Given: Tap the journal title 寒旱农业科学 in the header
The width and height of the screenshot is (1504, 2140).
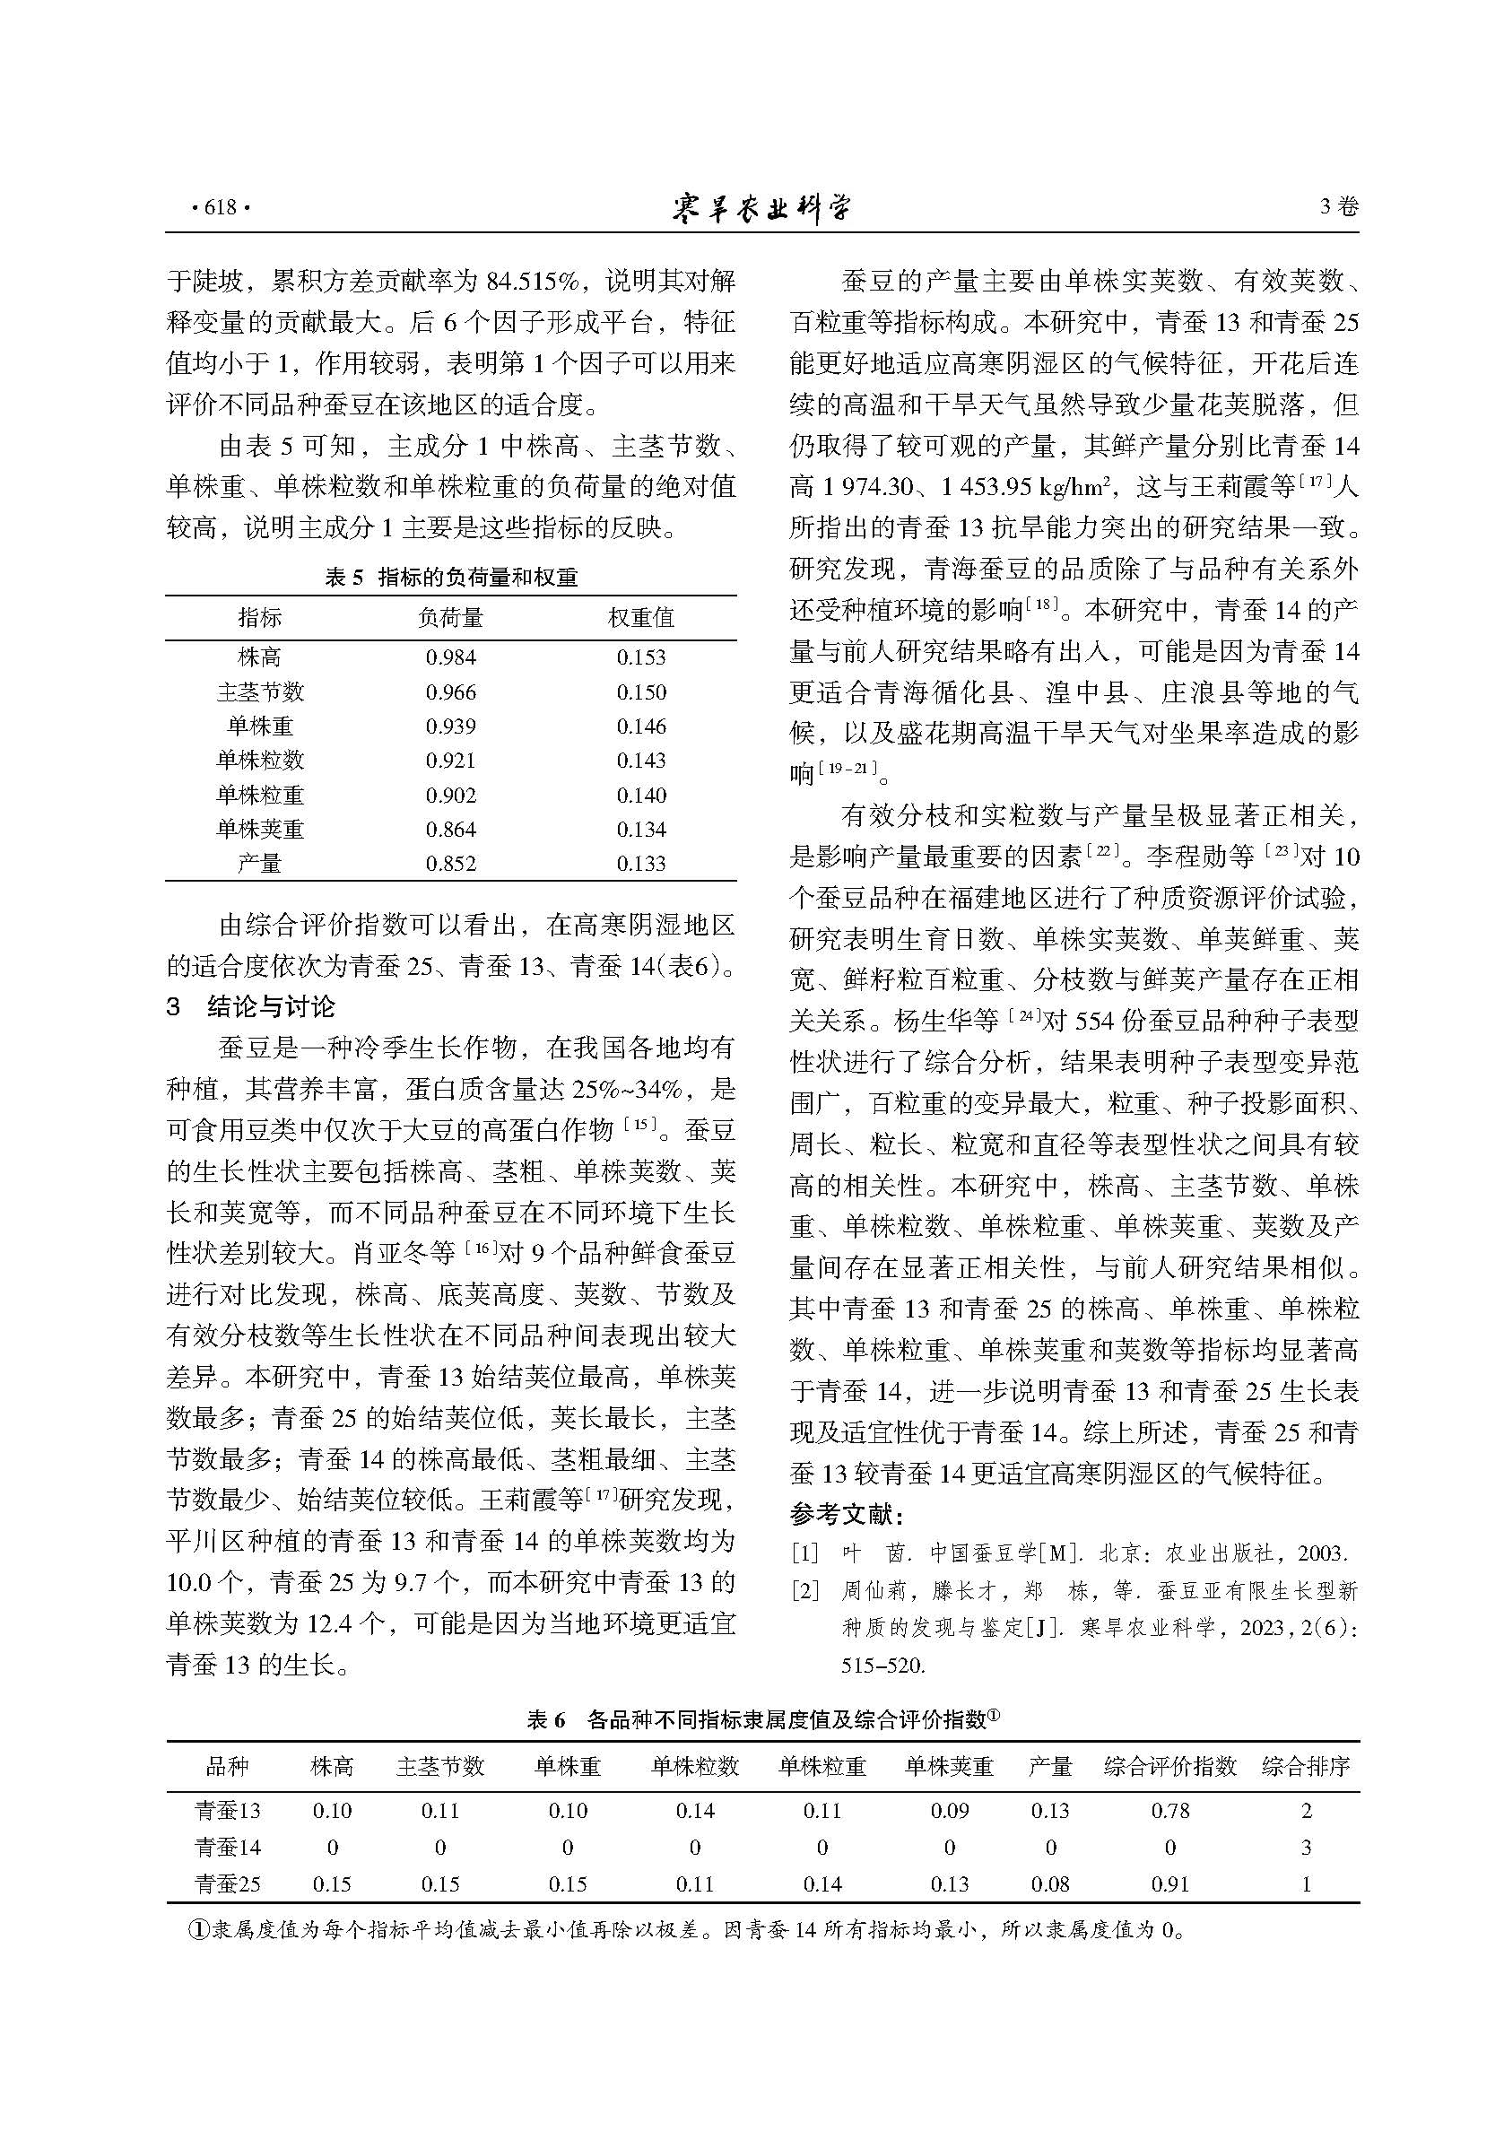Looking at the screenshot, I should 761,207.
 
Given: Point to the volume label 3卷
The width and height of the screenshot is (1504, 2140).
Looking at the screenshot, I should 1339,207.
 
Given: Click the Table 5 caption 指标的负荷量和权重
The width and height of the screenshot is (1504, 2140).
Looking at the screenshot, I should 477,578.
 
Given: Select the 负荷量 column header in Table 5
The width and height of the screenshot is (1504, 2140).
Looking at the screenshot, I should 450,617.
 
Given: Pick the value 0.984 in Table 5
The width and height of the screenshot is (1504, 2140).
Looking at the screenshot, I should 450,657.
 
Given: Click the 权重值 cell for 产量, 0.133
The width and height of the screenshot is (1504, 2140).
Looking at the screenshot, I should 641,863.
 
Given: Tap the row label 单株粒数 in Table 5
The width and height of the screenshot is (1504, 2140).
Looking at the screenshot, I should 260,761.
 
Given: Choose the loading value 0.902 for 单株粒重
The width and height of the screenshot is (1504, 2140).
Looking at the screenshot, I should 450,795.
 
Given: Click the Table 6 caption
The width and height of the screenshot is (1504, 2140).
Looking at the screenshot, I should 762,1719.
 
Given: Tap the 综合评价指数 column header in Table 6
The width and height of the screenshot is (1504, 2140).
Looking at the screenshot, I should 1169,1765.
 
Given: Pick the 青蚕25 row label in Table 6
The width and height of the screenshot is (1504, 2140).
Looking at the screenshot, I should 228,1883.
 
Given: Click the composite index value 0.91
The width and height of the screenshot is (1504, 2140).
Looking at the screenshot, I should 1169,1883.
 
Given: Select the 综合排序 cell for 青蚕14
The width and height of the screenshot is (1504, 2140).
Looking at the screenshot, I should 1306,1847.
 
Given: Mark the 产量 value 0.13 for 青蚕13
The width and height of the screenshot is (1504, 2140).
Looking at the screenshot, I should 1050,1810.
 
